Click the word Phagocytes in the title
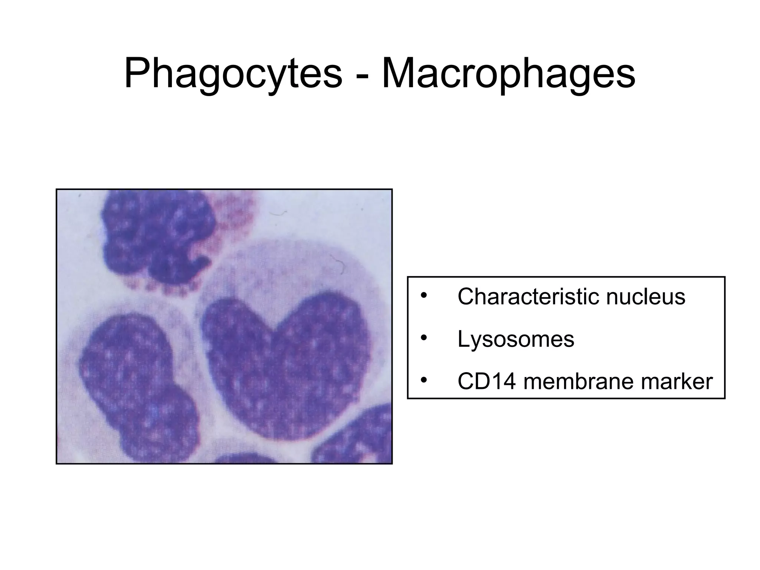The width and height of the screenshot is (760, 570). (x=233, y=74)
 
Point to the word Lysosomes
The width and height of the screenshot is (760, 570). (x=515, y=339)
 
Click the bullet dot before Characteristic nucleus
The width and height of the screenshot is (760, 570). (x=424, y=296)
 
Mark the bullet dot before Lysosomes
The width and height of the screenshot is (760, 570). (x=424, y=338)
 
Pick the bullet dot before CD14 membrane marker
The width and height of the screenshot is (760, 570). (x=424, y=381)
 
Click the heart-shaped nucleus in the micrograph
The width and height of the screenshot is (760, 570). (x=286, y=367)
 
